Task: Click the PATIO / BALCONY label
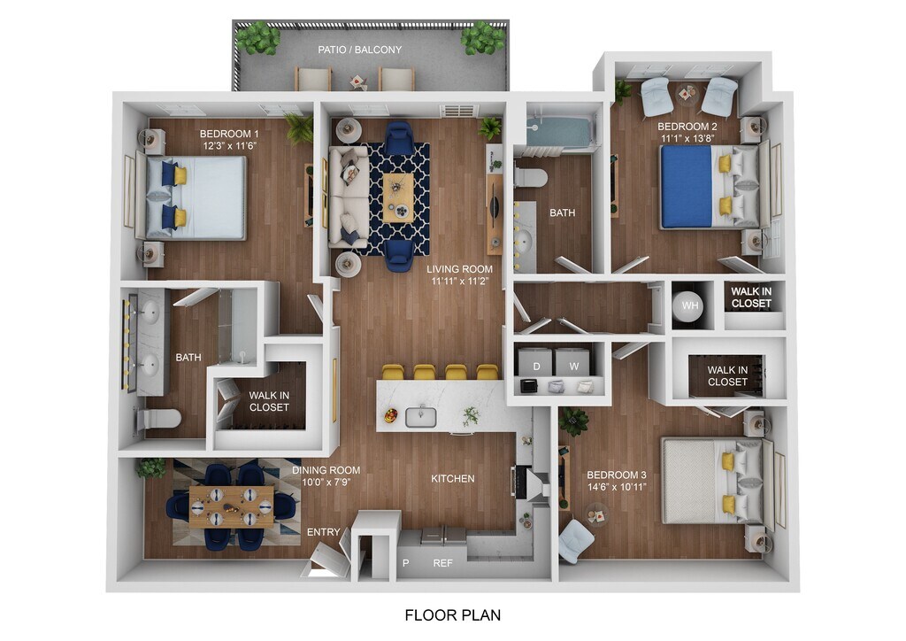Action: click(x=359, y=50)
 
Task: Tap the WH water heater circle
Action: click(x=688, y=305)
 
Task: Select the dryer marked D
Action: click(x=535, y=364)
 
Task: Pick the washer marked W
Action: click(x=572, y=364)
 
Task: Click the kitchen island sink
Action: click(x=420, y=417)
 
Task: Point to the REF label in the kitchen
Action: click(x=442, y=563)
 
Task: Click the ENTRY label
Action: click(x=323, y=532)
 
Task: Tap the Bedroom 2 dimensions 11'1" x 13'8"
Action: click(x=687, y=138)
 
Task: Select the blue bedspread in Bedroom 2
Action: click(x=687, y=187)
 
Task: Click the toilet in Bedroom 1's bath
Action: click(x=159, y=419)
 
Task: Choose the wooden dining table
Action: click(x=232, y=506)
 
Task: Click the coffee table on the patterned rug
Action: click(x=398, y=197)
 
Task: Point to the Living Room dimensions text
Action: click(x=460, y=282)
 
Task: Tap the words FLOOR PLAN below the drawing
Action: click(x=452, y=615)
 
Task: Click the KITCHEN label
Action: click(x=453, y=479)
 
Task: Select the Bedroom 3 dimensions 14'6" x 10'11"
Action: click(x=617, y=487)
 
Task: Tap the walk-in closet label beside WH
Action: click(x=751, y=297)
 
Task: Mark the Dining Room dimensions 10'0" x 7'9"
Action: click(x=326, y=482)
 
